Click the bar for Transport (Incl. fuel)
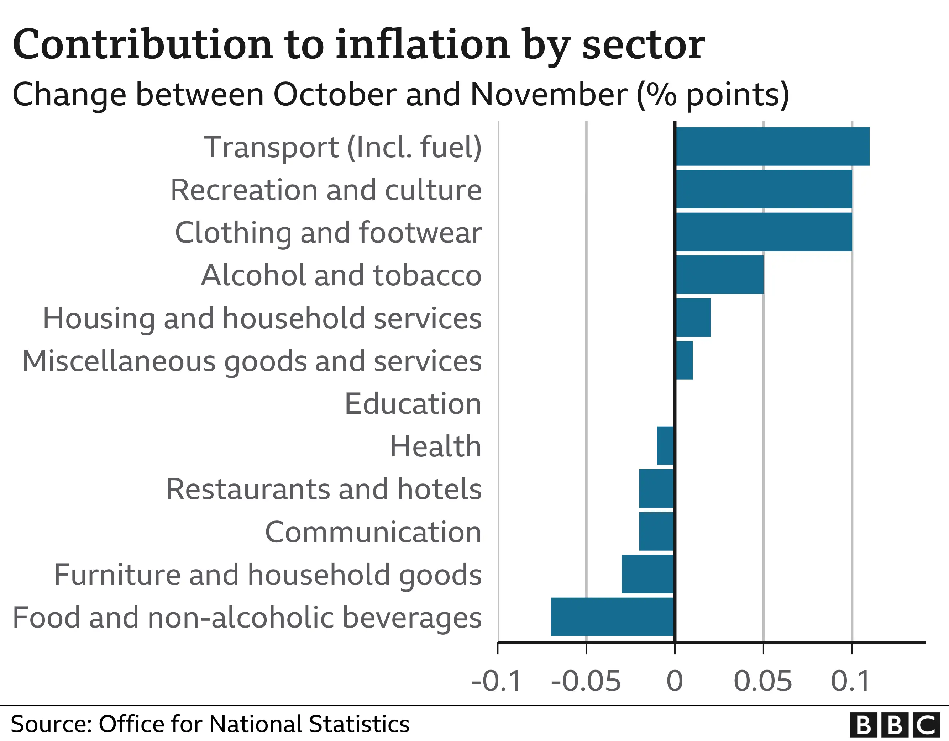(x=772, y=146)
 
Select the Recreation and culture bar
(x=764, y=189)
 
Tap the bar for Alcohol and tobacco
(x=719, y=275)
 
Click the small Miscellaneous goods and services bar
(x=684, y=360)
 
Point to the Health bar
(x=665, y=446)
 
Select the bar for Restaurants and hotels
(x=656, y=488)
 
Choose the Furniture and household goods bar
(x=647, y=574)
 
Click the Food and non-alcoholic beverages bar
(x=612, y=616)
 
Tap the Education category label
(x=413, y=403)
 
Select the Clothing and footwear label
(x=328, y=232)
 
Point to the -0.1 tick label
(x=496, y=681)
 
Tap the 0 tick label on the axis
(x=675, y=681)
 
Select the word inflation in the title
(x=423, y=45)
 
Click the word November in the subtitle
(x=549, y=95)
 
